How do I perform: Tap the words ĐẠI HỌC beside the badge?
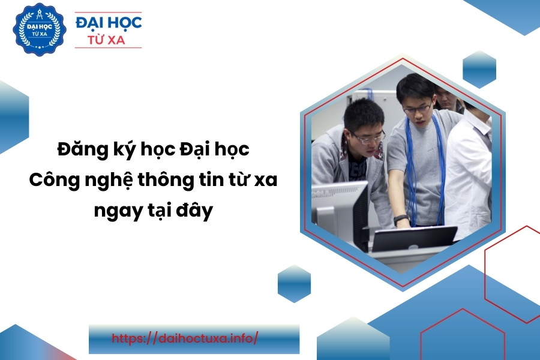click(109, 22)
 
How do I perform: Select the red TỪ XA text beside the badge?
click(109, 40)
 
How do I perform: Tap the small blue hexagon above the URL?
click(295, 284)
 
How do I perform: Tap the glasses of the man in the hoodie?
click(368, 137)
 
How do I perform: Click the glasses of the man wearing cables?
click(419, 109)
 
